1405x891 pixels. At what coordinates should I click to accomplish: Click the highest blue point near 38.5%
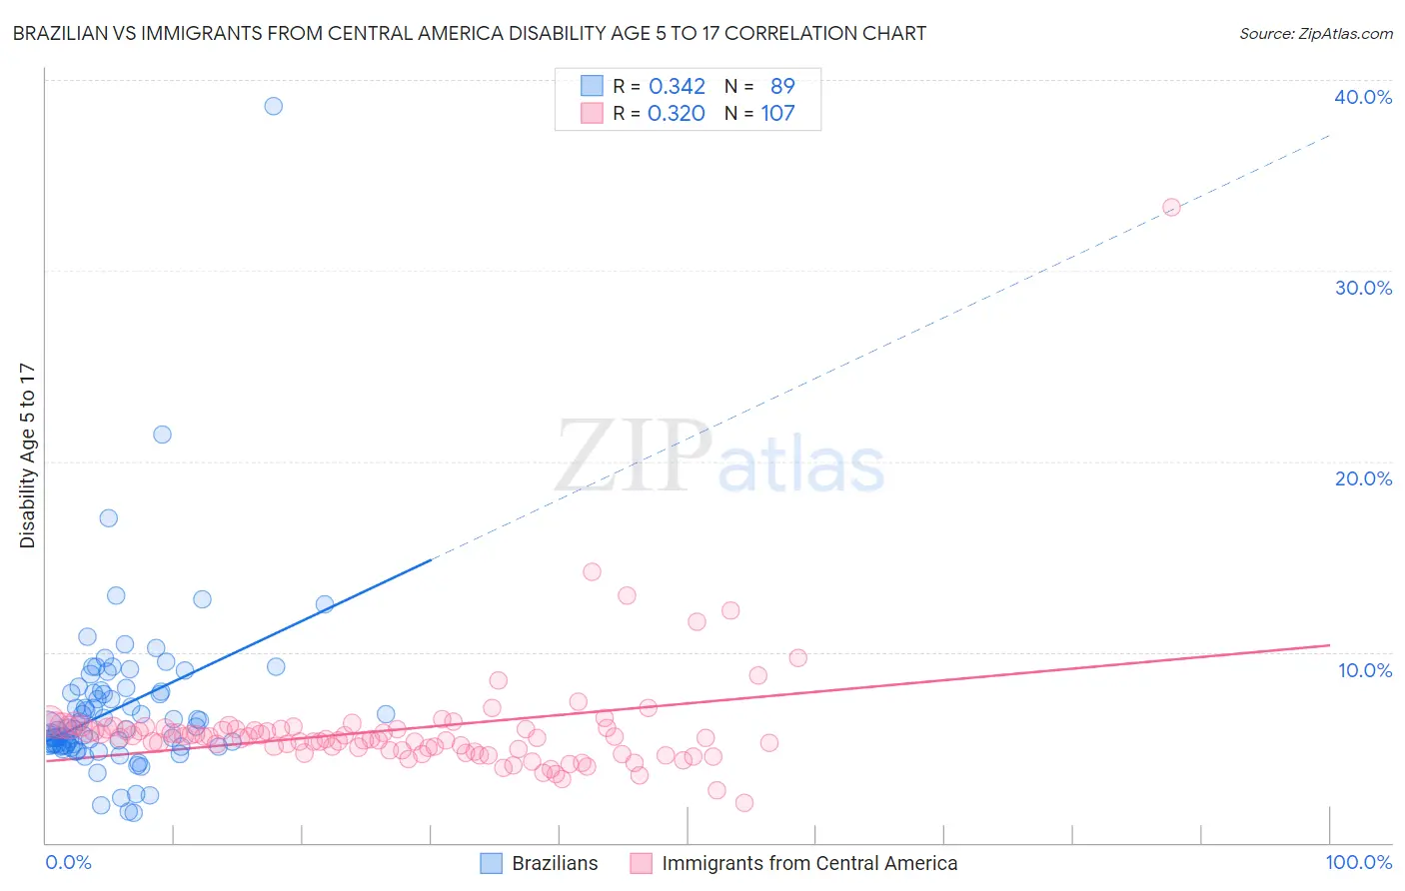pos(273,106)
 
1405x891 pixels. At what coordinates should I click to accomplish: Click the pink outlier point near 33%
pos(1171,207)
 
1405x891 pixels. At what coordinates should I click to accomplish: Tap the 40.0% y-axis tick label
pos(1363,97)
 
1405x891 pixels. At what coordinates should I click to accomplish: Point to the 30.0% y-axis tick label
pos(1363,288)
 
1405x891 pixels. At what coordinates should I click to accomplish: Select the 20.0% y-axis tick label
pos(1363,478)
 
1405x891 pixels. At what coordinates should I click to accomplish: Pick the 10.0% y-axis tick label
pos(1365,670)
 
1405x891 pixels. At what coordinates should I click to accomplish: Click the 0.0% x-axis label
pos(68,862)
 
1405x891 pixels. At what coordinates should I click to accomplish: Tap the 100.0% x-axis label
pos(1358,862)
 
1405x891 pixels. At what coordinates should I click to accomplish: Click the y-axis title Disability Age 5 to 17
pos(28,455)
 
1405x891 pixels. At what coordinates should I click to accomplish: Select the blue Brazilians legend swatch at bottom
pos(491,863)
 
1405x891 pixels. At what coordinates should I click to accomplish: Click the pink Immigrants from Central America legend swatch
pos(641,863)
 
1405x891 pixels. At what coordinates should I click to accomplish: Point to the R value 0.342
pos(677,87)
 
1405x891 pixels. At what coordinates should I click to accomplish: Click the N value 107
pos(777,114)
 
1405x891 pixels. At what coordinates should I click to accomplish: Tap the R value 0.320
pos(677,114)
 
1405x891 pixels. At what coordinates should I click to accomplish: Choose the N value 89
pos(782,87)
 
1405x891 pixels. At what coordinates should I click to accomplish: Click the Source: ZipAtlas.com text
pos(1315,34)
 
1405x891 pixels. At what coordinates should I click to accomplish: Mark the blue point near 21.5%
pos(162,435)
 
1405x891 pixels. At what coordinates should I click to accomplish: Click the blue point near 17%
pos(108,517)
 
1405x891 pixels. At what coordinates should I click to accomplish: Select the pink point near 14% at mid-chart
pos(592,572)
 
